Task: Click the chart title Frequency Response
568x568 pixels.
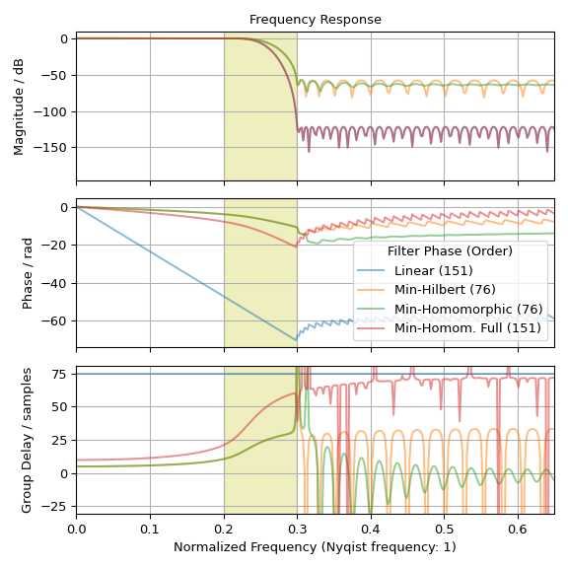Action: (315, 20)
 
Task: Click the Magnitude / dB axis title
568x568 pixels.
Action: (19, 106)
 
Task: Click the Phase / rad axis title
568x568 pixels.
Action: (28, 273)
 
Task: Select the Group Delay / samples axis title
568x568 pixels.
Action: (28, 440)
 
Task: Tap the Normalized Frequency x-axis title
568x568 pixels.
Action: (315, 546)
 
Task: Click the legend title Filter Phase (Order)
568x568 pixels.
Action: (450, 251)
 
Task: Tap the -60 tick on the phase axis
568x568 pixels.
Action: (57, 321)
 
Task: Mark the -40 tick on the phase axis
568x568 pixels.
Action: (57, 283)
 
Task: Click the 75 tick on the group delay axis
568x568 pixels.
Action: (61, 374)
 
